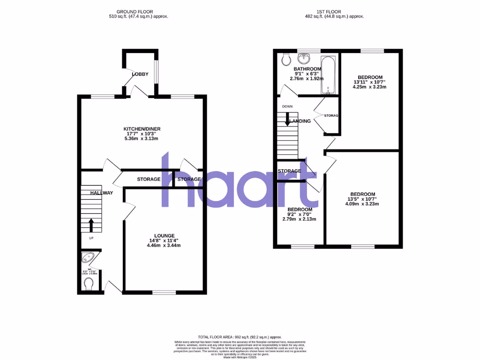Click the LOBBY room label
tap(140, 74)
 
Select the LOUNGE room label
tap(165, 235)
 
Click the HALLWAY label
tap(101, 193)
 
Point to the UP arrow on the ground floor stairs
tap(91, 225)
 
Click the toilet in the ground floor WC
tap(88, 284)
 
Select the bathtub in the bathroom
tap(327, 75)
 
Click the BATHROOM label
tap(307, 69)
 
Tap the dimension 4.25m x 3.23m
tap(370, 87)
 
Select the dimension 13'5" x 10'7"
tap(362, 199)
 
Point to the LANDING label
tap(300, 121)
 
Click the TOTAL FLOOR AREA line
tap(240, 337)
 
